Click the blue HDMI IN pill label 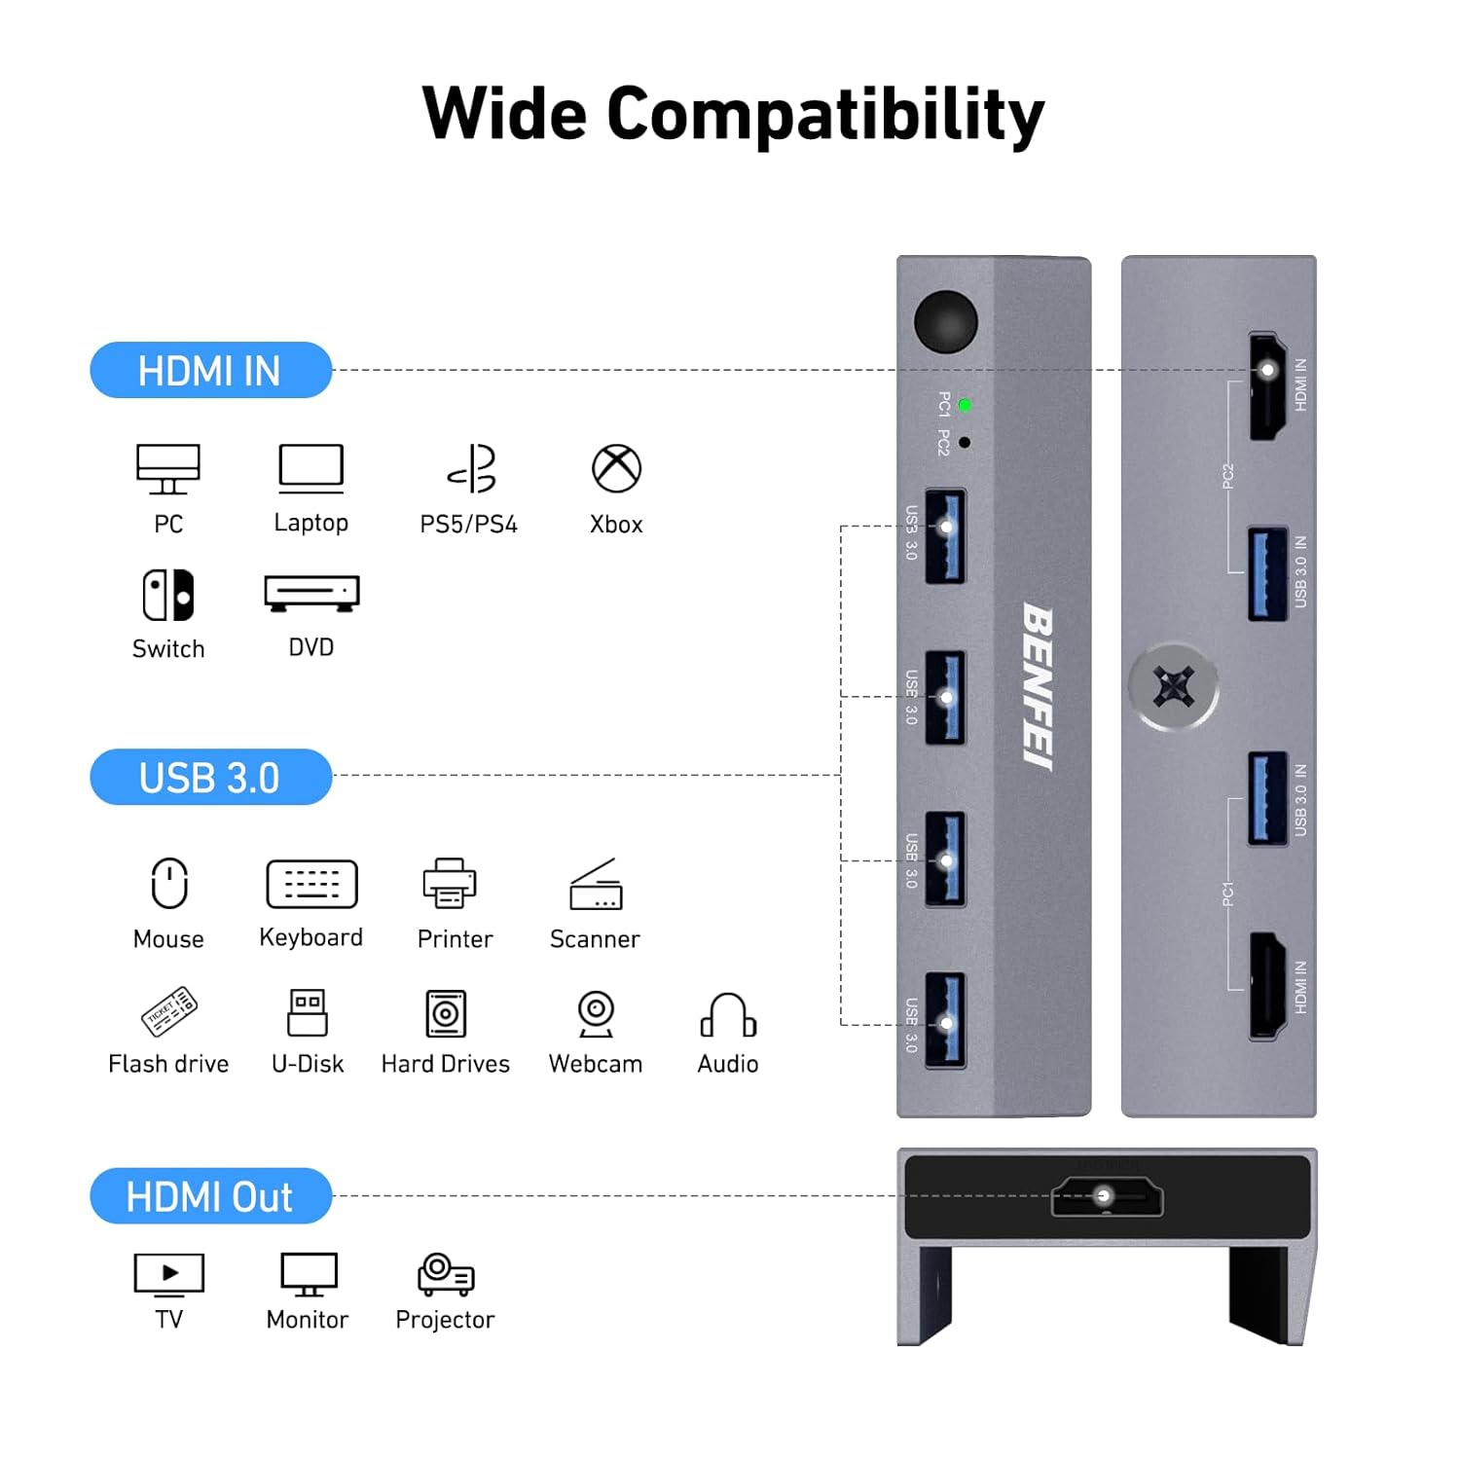(210, 371)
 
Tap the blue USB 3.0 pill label (210, 778)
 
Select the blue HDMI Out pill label (210, 1196)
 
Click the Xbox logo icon (616, 469)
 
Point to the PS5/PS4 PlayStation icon (472, 469)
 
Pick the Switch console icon (168, 595)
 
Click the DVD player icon (311, 593)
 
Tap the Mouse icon (169, 883)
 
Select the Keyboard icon (311, 884)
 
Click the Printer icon (450, 883)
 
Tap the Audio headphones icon (728, 1015)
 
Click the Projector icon (446, 1274)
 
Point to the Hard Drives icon (447, 1014)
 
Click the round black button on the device (945, 321)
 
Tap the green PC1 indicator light (965, 405)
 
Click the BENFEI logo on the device (1039, 686)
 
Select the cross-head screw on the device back (1173, 687)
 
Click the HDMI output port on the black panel (1107, 1196)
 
